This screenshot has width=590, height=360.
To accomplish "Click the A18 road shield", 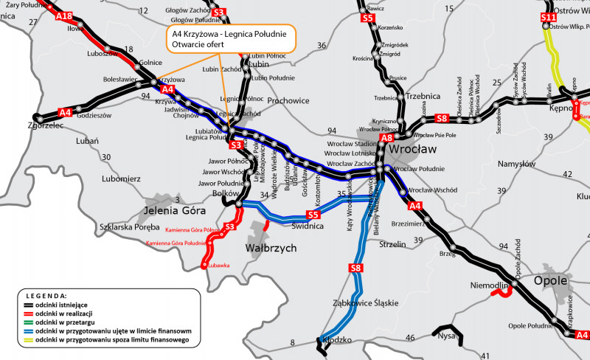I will [64, 15].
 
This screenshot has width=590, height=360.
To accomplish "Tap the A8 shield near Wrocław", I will [386, 137].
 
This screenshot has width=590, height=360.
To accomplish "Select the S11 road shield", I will [547, 17].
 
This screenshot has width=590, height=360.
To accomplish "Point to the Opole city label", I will [550, 280].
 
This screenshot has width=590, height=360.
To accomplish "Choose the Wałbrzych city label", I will [271, 248].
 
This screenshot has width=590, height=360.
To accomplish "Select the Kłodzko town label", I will [336, 340].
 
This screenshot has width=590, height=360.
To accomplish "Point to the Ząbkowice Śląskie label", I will [366, 302].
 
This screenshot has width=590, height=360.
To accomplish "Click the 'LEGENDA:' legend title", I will [46, 294].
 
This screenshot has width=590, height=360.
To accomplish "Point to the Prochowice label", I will [289, 100].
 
